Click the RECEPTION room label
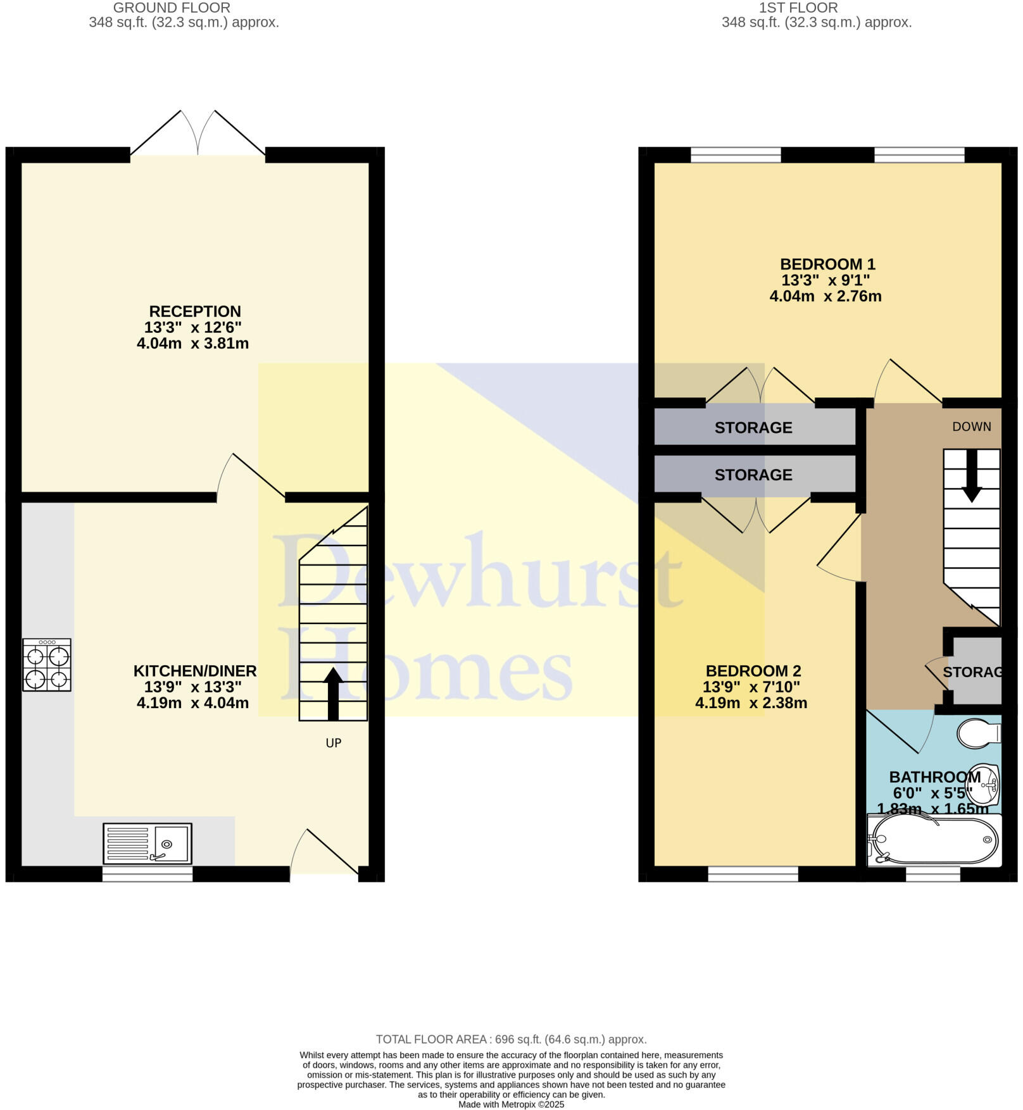[195, 311]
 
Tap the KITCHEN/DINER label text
[195, 671]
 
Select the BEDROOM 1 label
[827, 264]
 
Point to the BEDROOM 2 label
[753, 671]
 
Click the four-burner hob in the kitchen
[47, 664]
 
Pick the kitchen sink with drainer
[147, 844]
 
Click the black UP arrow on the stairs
[333, 694]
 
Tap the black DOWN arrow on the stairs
[971, 476]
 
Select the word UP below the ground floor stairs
[334, 743]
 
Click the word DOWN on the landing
[972, 427]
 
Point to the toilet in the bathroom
[979, 733]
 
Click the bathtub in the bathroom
[934, 840]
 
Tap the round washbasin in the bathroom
[987, 785]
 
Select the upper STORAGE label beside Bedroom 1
[753, 428]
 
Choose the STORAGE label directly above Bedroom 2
[753, 475]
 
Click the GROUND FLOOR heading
[172, 8]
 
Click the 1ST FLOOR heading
[798, 8]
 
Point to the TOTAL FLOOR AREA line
[511, 1039]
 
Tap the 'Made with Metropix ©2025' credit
[511, 1104]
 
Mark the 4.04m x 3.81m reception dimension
[192, 344]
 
